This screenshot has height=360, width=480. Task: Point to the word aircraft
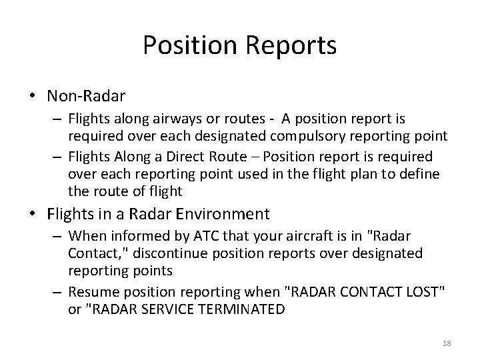283,237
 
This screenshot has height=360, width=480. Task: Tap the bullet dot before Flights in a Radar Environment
33,215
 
